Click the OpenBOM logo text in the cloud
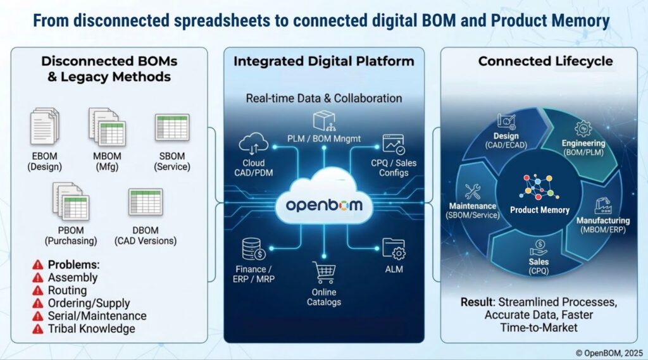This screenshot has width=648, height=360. coord(323,206)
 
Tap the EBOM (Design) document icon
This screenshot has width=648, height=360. coord(44,127)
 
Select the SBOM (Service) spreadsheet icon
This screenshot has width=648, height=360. coord(172,127)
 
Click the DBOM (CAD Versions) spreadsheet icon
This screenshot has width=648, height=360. coord(146,202)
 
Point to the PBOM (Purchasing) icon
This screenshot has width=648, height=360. coord(70,201)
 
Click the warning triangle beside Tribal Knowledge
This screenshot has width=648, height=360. coord(37,328)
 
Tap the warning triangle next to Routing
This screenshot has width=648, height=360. coord(37,290)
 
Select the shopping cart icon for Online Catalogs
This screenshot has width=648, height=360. coord(324,273)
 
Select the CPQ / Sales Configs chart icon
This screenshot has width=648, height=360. coord(393,146)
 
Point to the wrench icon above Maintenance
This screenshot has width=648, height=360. coord(472,192)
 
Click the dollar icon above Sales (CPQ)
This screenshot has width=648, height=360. coord(539,245)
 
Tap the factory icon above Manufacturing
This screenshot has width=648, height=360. coord(602,206)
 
